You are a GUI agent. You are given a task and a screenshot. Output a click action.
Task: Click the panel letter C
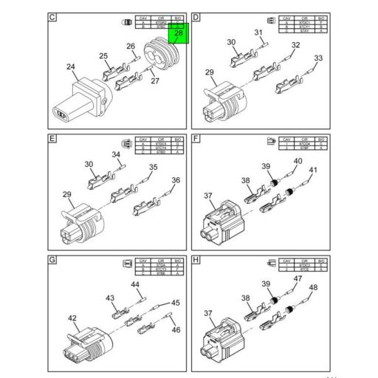52,16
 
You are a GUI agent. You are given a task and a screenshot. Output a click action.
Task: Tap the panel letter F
196,137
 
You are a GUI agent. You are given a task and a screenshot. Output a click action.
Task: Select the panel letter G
52,261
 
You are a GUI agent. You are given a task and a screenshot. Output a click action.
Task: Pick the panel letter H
196,261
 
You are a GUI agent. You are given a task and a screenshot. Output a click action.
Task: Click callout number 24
71,67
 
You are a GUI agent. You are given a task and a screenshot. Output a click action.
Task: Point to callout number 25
103,56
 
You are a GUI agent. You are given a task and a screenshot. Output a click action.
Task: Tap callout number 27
155,81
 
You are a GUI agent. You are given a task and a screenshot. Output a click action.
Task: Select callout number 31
258,32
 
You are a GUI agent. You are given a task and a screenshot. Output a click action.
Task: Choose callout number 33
318,58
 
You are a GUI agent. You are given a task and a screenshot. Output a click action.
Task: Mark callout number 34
116,154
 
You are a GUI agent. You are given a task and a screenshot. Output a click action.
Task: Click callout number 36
176,180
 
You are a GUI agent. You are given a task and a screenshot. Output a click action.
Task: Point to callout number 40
298,161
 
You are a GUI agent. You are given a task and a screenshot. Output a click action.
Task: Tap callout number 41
312,171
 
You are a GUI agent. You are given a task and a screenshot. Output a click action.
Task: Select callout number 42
72,320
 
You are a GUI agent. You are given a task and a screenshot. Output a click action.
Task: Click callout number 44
135,284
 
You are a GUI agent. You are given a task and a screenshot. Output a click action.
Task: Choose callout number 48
313,287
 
